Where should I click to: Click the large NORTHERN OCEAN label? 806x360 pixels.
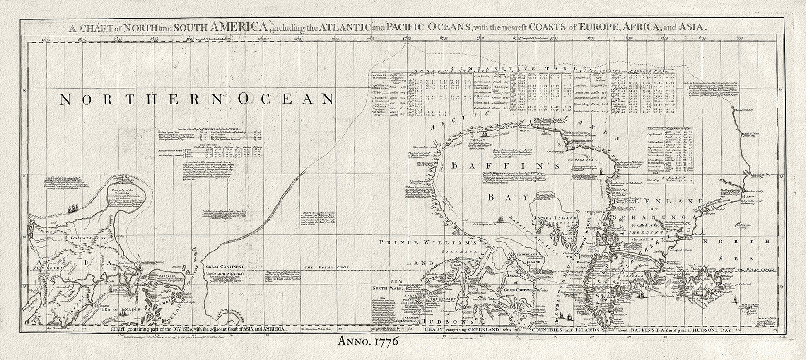[196, 99]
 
